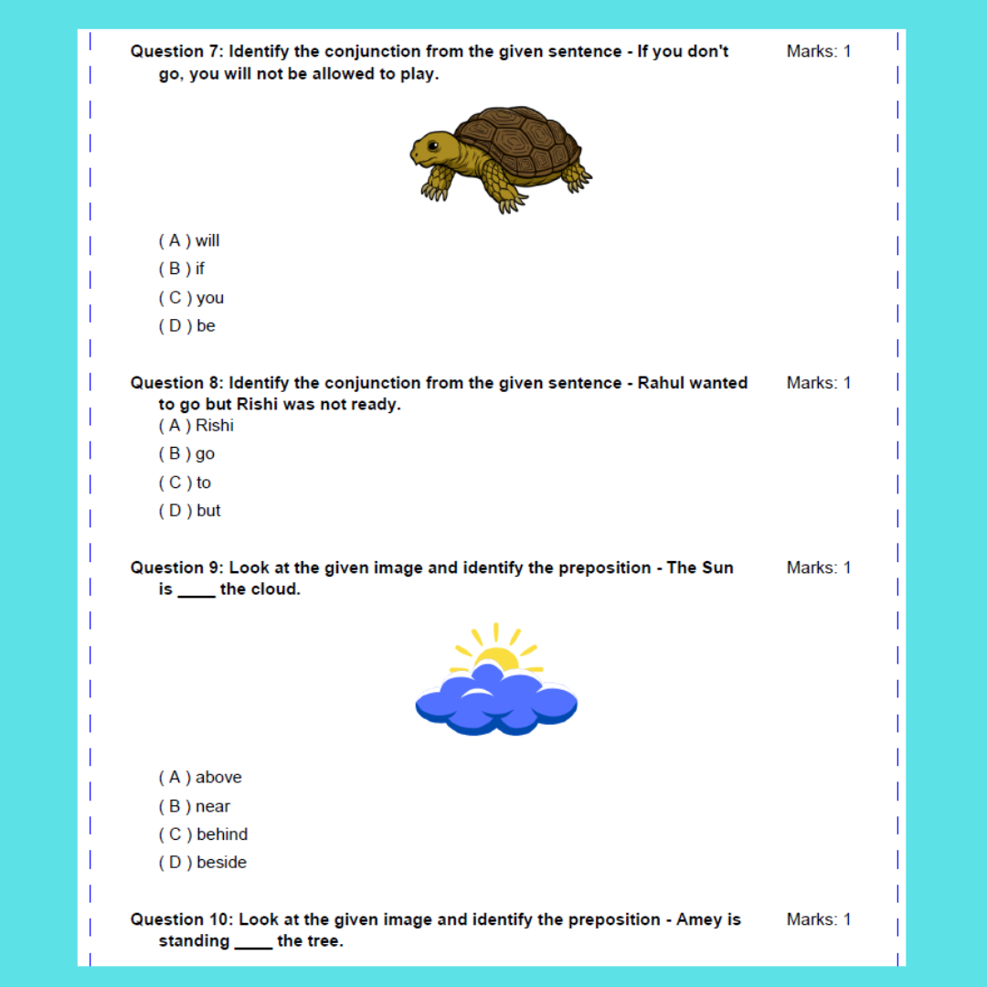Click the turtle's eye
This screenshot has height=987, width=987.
pos(432,145)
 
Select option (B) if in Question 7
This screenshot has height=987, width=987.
pos(182,269)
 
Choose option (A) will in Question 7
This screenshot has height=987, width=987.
pos(189,240)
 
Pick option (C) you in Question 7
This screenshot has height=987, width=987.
pos(191,298)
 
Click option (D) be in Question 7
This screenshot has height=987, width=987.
pos(187,326)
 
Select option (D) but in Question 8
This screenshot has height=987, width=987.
pos(190,511)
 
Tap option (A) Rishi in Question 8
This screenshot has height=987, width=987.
pos(196,425)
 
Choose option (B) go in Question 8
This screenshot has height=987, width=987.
pos(187,453)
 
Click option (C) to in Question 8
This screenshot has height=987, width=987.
pos(185,483)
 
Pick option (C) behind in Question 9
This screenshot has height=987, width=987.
pos(203,834)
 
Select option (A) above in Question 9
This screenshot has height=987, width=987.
pos(200,778)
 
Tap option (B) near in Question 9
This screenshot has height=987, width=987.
pos(195,806)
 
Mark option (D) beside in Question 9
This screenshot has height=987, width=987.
pos(203,863)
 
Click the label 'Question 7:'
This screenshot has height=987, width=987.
pos(176,51)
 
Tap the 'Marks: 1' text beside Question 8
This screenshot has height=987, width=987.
pos(819,383)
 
